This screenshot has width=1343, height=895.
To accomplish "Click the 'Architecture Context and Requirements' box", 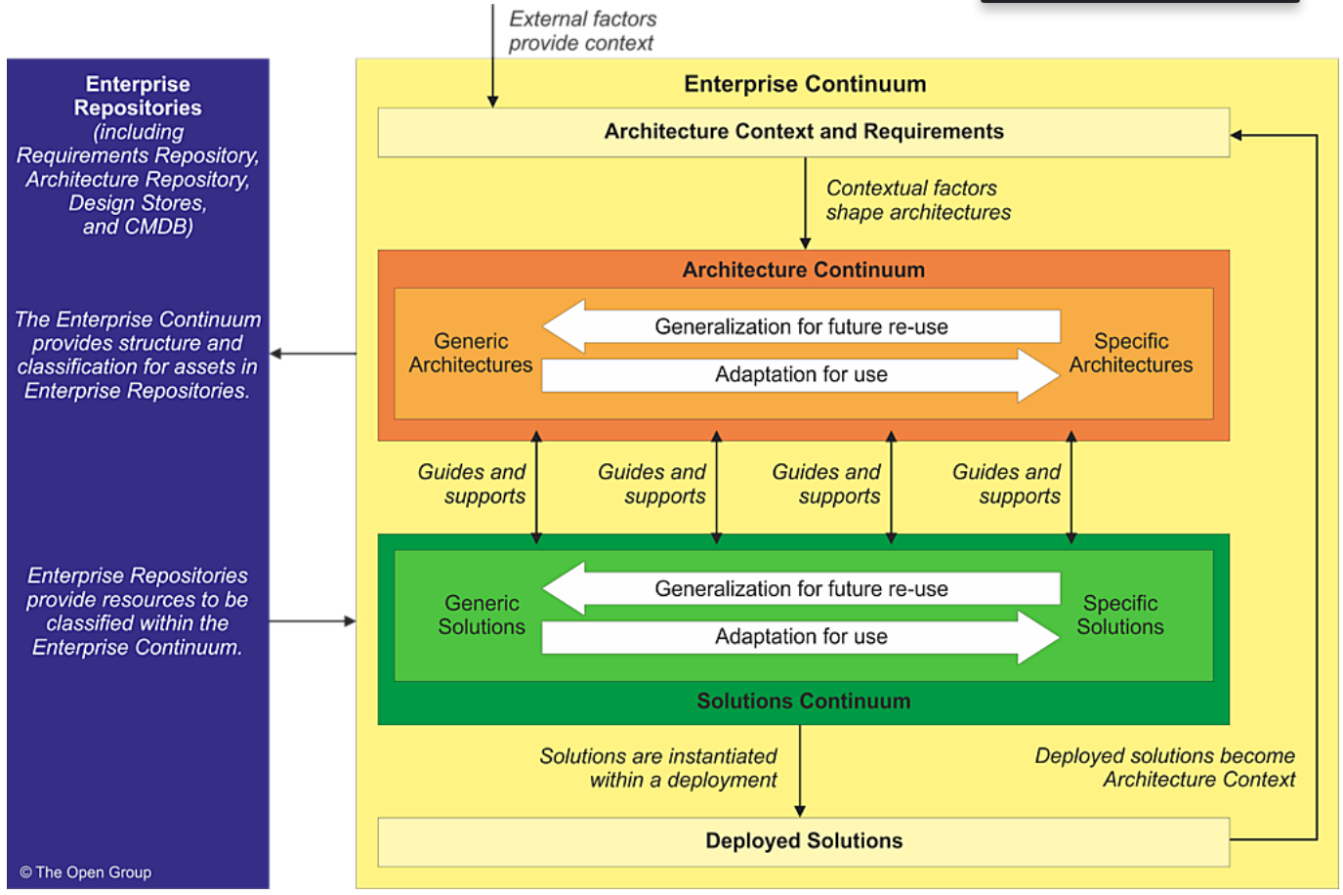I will (803, 132).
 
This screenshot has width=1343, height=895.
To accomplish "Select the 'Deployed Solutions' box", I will (803, 841).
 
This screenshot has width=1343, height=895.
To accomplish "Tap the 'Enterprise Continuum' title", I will (805, 84).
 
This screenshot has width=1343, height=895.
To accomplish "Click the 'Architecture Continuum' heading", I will (803, 270).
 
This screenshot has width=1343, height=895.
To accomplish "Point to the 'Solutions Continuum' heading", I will (803, 702).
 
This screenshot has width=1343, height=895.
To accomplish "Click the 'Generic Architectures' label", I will (471, 353).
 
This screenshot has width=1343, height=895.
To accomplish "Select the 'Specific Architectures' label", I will (1131, 353).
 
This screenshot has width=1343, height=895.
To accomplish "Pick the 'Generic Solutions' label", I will (482, 615).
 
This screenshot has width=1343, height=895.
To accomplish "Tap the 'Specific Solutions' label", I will (1120, 615).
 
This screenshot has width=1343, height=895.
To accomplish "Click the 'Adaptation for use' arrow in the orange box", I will (801, 375).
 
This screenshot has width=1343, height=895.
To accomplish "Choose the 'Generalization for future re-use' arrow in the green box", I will (801, 589).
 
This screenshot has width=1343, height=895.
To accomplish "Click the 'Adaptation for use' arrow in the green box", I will (801, 637).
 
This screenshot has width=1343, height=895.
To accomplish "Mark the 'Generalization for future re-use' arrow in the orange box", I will (801, 327).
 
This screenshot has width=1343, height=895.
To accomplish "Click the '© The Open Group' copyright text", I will (86, 873).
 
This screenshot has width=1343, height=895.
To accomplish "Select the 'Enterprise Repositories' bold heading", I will (138, 96).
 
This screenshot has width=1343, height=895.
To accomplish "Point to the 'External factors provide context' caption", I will (582, 31).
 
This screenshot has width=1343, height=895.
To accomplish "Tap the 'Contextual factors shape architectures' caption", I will (918, 200).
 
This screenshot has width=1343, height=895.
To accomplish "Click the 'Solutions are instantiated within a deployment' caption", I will (658, 768).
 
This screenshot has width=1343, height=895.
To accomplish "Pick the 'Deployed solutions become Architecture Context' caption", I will (1165, 768).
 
